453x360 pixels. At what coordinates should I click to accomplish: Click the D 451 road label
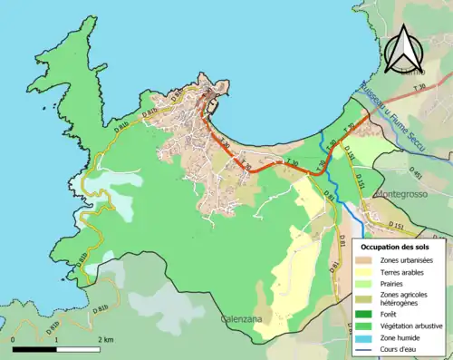pos(416,171)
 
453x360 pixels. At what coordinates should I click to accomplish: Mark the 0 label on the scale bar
pos(14,339)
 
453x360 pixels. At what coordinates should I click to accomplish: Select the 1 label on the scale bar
pos(56,339)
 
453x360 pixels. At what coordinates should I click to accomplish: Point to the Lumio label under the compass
pos(413,70)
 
